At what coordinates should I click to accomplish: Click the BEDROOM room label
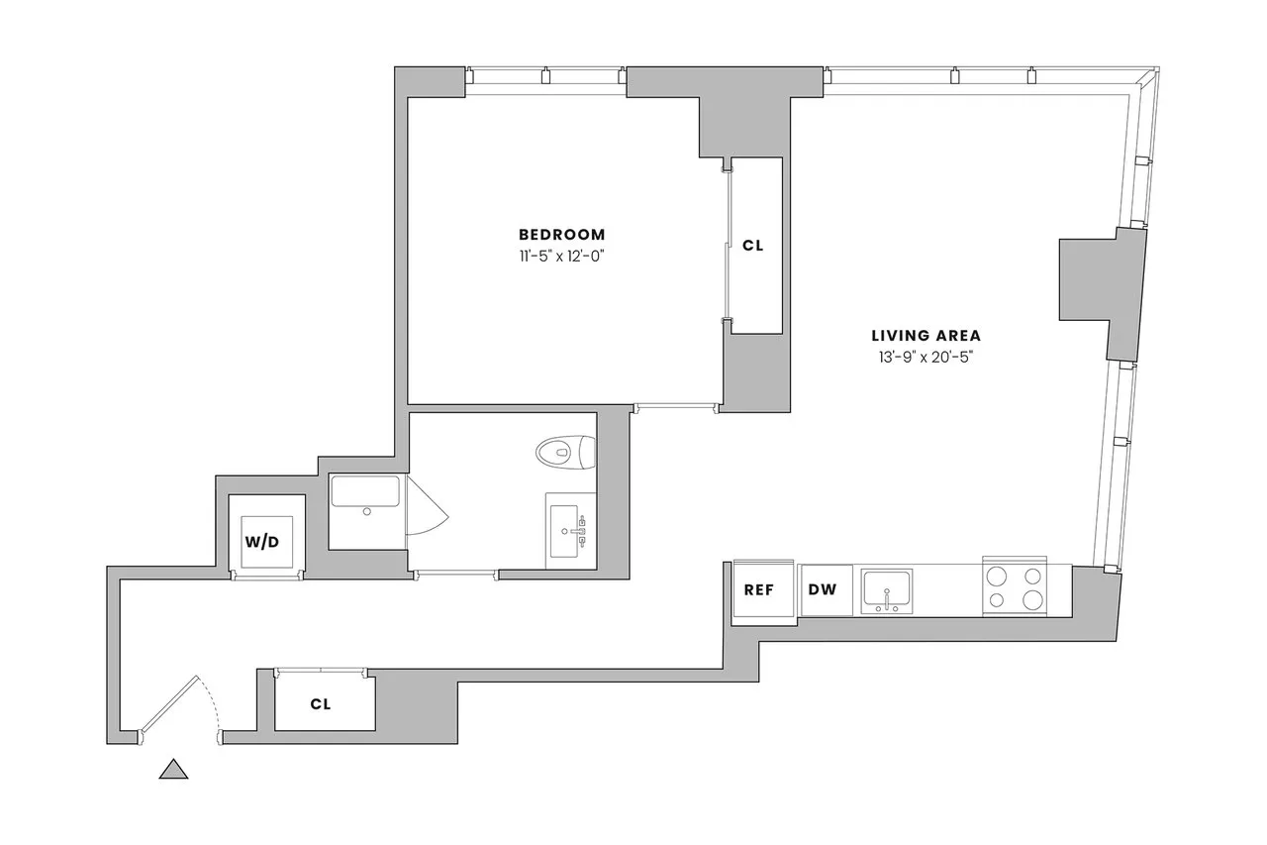[x=561, y=235]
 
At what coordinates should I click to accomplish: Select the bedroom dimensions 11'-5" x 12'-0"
[x=561, y=256]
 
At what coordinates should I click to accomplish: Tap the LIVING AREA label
[x=926, y=336]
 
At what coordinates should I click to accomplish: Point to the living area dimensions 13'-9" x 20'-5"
[x=926, y=358]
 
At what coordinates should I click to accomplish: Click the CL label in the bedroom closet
[x=753, y=246]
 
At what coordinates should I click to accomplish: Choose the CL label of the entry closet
[x=320, y=704]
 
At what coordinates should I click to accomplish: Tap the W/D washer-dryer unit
[x=262, y=542]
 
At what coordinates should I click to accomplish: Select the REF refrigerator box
[x=759, y=589]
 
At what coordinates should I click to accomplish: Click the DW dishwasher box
[x=823, y=589]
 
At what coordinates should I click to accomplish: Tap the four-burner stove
[x=1015, y=587]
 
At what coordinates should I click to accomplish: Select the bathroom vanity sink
[x=570, y=531]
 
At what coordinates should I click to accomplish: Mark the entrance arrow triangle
[x=174, y=769]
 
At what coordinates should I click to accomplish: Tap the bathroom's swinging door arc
[x=428, y=509]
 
